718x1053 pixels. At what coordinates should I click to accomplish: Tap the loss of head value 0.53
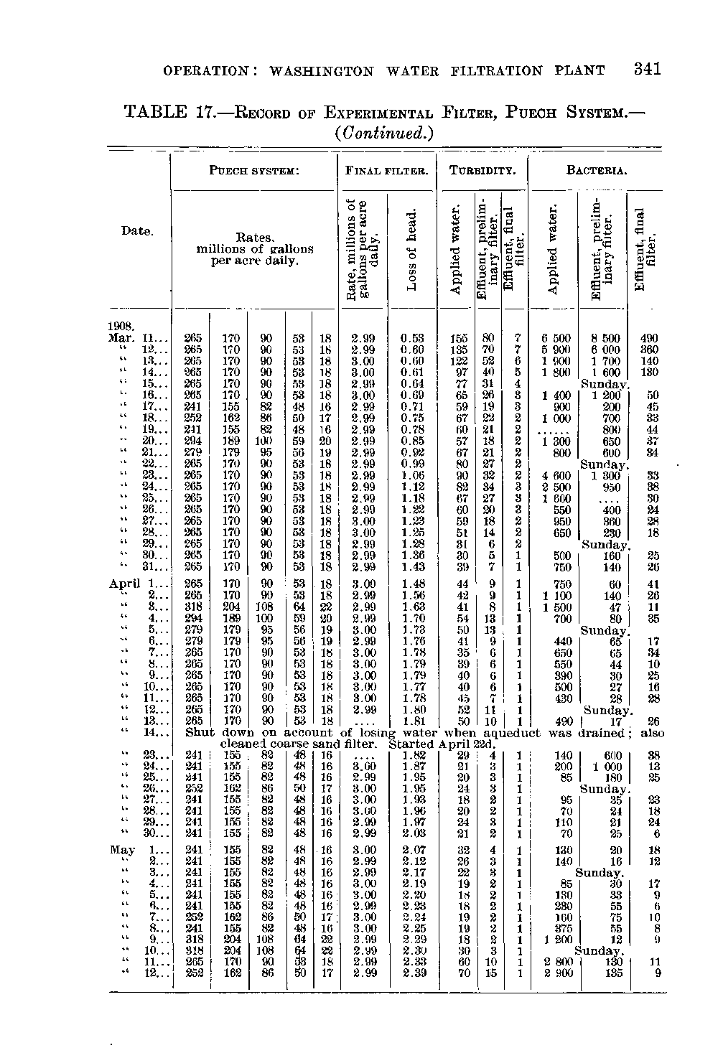(413, 338)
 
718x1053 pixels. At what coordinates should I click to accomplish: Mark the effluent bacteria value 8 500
(607, 338)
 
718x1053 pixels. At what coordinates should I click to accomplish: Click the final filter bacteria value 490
(648, 338)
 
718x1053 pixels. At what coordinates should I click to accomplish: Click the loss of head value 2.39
(413, 973)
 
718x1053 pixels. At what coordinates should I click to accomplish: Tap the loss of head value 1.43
(413, 567)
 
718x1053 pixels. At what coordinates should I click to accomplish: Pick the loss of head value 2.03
(413, 833)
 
